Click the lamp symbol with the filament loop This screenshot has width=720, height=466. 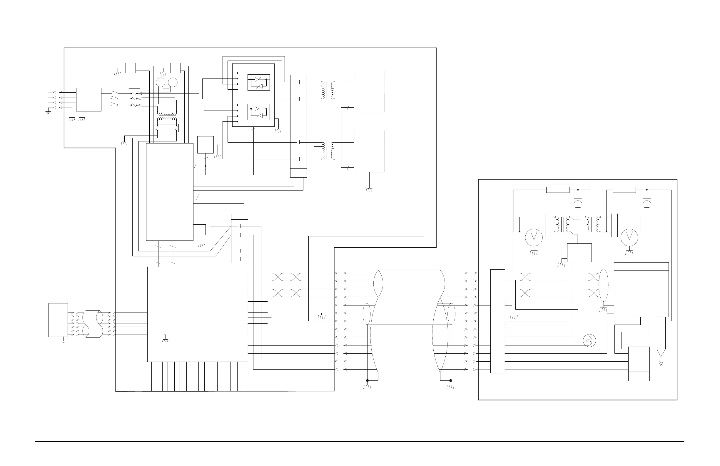(589, 341)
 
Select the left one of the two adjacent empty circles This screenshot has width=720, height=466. (160, 82)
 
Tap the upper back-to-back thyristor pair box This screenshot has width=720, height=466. (258, 82)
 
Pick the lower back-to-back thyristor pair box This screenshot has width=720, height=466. (258, 112)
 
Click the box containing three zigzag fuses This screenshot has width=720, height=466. (134, 99)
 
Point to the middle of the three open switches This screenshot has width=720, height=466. (114, 98)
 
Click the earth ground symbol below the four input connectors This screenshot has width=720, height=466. (48, 112)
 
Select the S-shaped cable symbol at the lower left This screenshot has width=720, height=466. (93, 324)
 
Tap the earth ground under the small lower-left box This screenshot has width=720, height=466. (64, 341)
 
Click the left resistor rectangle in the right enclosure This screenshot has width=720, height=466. (557, 190)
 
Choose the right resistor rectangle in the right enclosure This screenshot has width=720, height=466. (624, 190)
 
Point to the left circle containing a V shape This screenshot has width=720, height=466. (534, 238)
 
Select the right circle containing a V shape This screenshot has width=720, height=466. (629, 238)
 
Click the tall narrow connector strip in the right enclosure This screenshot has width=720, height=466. (497, 321)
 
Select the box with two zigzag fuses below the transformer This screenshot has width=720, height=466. (167, 128)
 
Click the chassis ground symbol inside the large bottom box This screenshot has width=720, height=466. (165, 339)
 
